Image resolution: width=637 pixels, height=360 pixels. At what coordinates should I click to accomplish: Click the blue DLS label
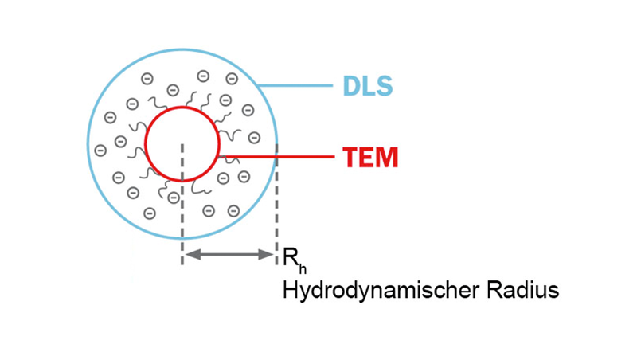[367, 86]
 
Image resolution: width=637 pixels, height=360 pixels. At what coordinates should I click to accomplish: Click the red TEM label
[370, 157]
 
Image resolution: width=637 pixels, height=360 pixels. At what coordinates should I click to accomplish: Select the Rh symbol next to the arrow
[289, 258]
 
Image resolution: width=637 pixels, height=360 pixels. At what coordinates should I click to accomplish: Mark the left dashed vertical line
[182, 215]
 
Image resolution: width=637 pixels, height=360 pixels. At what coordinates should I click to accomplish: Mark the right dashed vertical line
[276, 215]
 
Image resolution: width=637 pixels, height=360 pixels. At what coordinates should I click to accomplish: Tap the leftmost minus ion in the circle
[100, 150]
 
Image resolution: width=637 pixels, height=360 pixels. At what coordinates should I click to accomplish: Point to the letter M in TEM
[387, 157]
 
